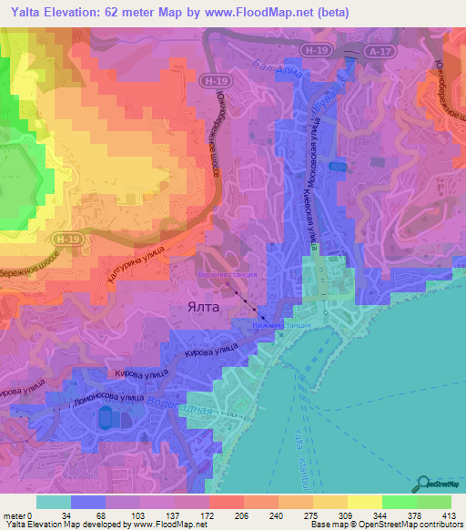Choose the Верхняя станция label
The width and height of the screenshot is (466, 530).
click(x=228, y=272)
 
